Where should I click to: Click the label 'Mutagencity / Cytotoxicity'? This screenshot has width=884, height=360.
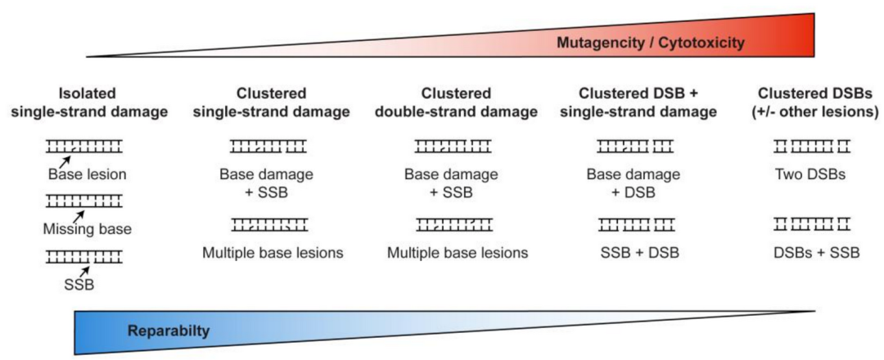tap(651, 43)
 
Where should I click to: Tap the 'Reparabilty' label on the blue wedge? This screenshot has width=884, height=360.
tap(169, 331)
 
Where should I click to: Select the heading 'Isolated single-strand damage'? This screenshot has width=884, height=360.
tap(106, 102)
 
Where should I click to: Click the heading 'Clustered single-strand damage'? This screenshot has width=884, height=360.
tap(271, 102)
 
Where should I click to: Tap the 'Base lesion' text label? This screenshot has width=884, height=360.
tap(88, 174)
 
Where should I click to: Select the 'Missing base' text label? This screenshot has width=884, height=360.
tap(87, 229)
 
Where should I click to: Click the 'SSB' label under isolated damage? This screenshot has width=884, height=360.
tap(79, 285)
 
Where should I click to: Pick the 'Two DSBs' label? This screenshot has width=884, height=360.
tap(811, 174)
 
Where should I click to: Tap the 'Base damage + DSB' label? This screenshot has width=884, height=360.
tap(634, 183)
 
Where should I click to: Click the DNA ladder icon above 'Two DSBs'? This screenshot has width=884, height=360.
tap(811, 147)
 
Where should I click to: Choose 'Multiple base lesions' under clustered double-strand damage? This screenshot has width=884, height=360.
tap(458, 253)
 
